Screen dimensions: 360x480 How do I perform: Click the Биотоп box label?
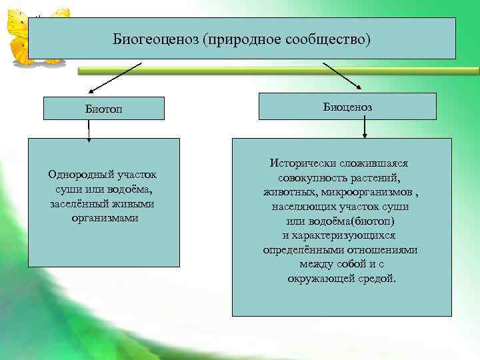103,109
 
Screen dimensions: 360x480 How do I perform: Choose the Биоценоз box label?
347,107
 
